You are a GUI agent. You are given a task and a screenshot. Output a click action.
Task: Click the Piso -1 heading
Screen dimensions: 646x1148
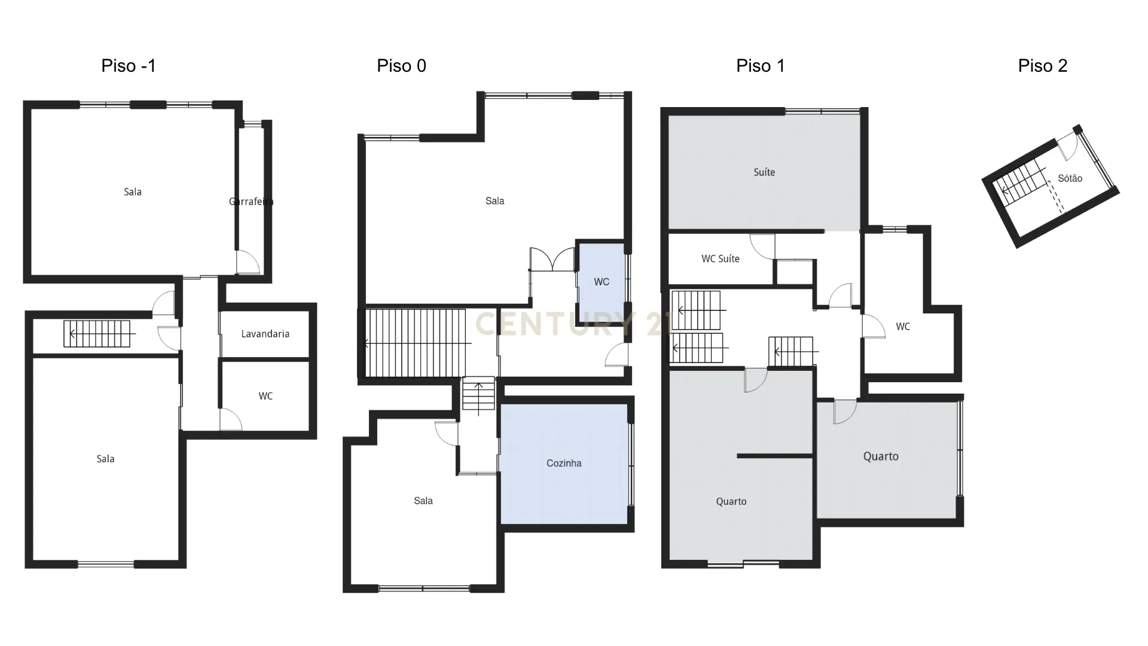tap(129, 66)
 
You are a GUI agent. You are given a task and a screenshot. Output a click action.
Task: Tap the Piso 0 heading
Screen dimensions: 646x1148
tap(401, 66)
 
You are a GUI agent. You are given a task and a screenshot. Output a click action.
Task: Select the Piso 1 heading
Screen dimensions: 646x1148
tap(760, 66)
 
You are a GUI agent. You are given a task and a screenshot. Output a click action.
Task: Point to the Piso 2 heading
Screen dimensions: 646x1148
tap(1042, 66)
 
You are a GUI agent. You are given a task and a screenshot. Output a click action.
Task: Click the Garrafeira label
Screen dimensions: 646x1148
tap(251, 202)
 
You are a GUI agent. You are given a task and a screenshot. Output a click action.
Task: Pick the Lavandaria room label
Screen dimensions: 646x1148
tap(265, 334)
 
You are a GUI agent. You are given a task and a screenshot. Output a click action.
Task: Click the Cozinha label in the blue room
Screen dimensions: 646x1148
tap(564, 463)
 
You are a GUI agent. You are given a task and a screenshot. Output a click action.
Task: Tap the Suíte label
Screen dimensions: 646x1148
tap(764, 172)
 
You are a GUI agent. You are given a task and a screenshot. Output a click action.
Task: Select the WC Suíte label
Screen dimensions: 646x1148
tap(720, 259)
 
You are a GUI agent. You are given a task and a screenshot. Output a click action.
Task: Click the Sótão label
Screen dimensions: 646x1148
tap(1070, 178)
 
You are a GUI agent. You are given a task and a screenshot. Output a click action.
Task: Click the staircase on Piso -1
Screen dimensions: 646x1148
tap(97, 334)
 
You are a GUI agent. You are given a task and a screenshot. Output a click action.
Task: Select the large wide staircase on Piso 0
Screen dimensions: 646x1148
tap(415, 343)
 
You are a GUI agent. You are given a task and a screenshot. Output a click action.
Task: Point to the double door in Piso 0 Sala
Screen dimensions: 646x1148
tap(552, 260)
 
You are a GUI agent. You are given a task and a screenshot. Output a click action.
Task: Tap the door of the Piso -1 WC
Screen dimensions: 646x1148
tap(231, 419)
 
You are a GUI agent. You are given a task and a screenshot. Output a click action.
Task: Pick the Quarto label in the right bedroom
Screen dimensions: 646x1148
tap(880, 456)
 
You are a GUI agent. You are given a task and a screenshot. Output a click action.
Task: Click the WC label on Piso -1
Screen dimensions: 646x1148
tap(265, 396)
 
